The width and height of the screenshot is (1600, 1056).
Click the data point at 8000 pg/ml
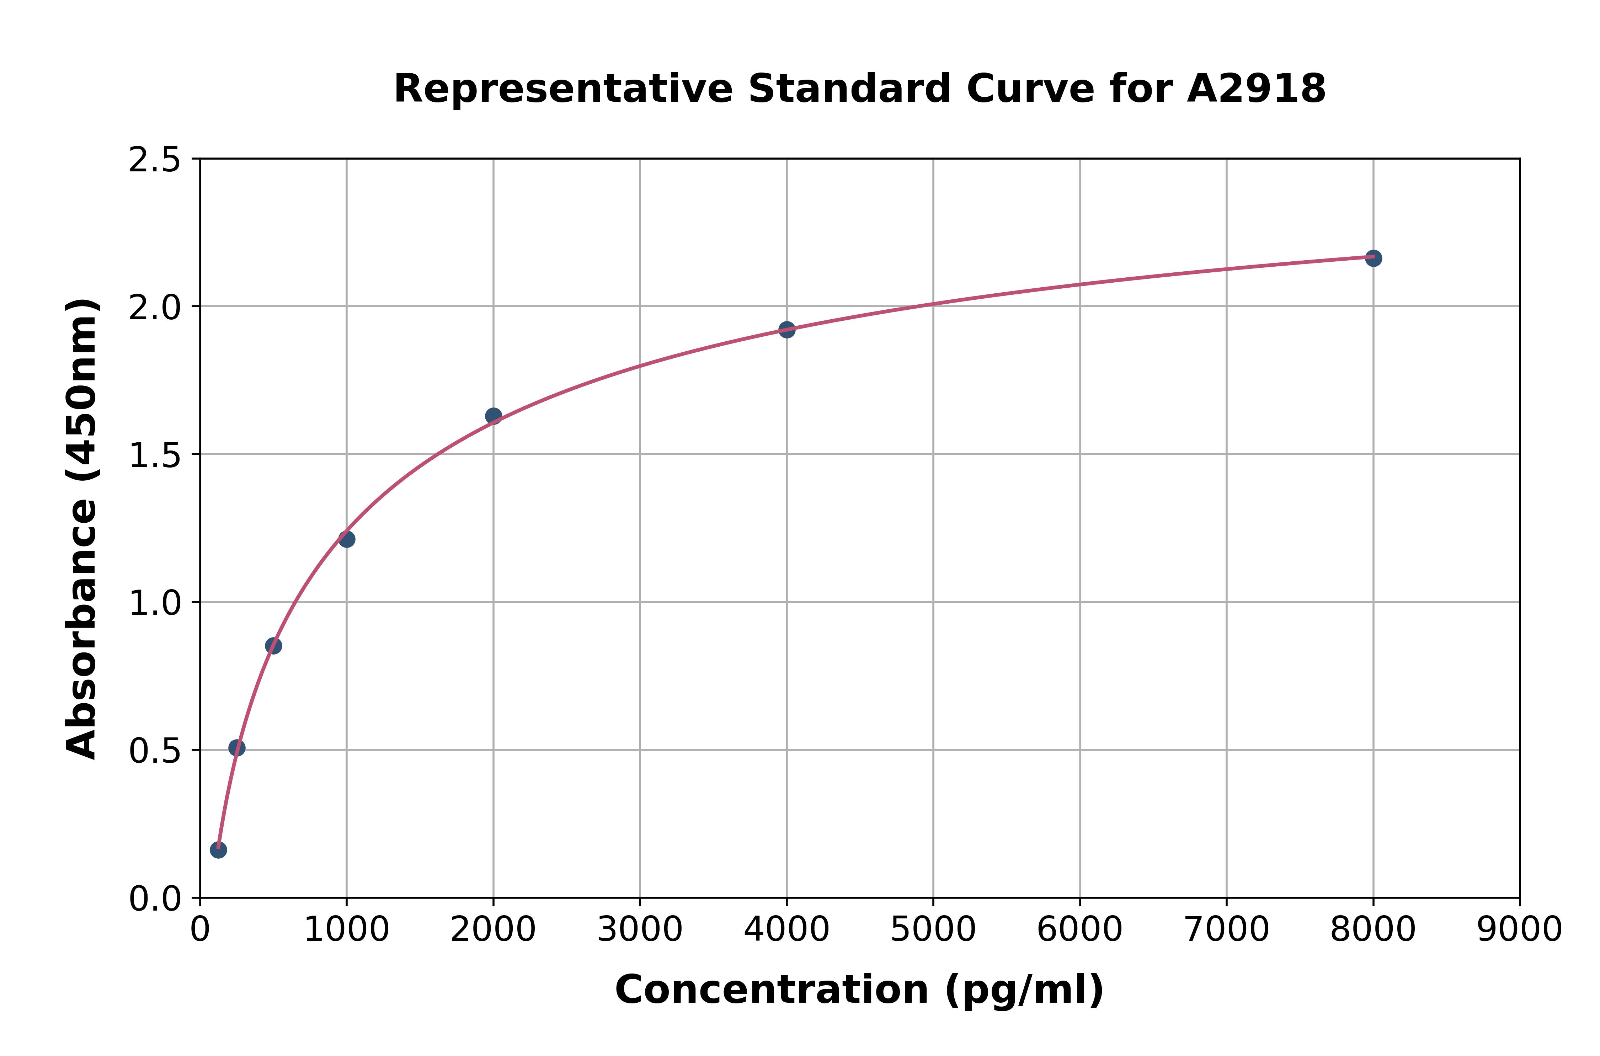pos(1373,258)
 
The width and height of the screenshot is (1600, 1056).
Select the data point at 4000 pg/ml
pos(786,329)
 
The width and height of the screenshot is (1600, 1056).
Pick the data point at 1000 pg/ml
pos(347,539)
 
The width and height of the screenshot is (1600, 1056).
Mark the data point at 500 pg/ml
pos(273,645)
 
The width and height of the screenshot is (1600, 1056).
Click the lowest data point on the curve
pos(218,849)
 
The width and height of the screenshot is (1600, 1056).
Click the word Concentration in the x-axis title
pos(772,990)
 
